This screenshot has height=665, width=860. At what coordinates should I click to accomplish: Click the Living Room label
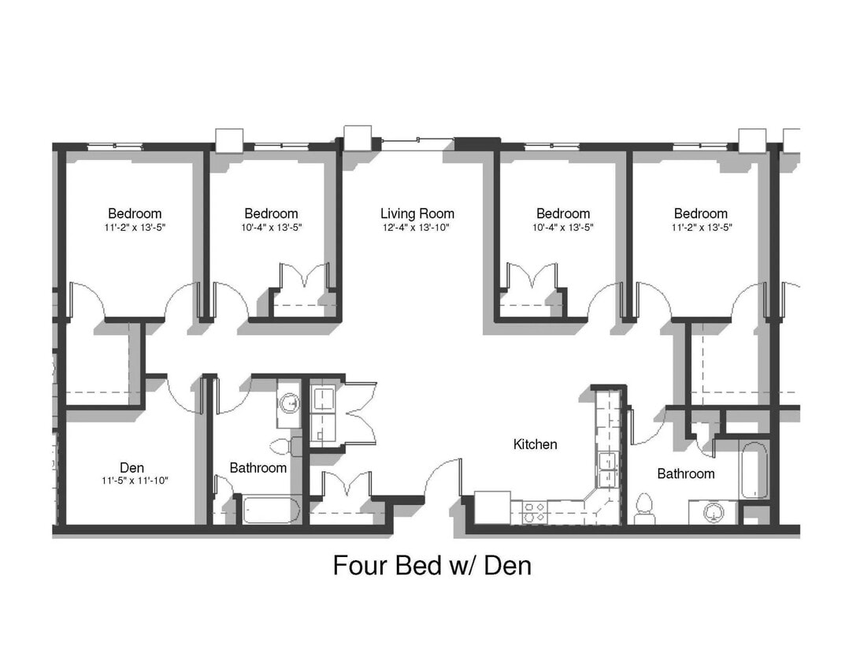[x=417, y=214]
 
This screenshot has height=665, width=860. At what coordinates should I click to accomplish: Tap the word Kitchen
[x=535, y=444]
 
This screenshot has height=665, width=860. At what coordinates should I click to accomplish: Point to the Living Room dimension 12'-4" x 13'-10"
[x=417, y=228]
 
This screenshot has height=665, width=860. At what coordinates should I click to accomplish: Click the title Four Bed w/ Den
[x=432, y=565]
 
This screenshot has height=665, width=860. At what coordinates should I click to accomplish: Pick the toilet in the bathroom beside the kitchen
[x=644, y=507]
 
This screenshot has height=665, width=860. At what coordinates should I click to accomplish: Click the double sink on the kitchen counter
[x=608, y=470]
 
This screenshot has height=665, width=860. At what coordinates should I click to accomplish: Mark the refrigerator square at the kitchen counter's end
[x=491, y=507]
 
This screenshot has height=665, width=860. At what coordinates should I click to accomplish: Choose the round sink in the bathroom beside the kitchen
[x=714, y=512]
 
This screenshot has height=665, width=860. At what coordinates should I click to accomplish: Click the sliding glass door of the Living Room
[x=417, y=143]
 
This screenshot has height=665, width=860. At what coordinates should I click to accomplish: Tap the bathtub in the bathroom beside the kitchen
[x=753, y=470]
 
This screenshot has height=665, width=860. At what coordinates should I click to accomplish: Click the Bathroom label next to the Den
[x=258, y=468]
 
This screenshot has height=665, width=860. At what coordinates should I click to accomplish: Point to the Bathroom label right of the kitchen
[x=686, y=474]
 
